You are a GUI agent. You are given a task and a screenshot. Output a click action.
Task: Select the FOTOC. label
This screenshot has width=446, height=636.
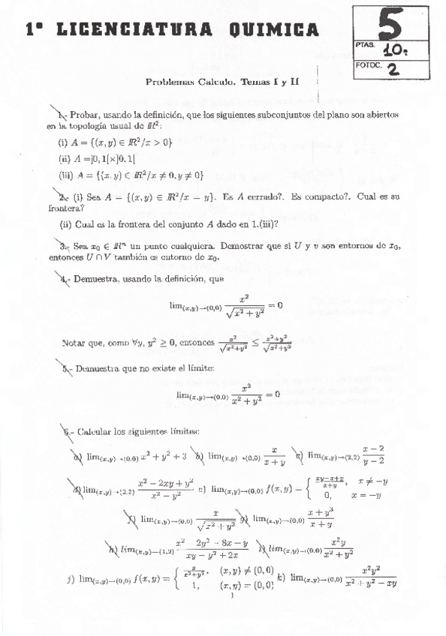[367, 65]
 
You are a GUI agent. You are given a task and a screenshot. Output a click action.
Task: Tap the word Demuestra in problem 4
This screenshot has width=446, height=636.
[95, 279]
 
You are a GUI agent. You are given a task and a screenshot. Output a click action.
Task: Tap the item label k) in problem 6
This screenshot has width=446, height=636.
[281, 577]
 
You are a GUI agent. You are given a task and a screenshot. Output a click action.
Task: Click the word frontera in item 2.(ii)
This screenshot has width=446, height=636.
[119, 223]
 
